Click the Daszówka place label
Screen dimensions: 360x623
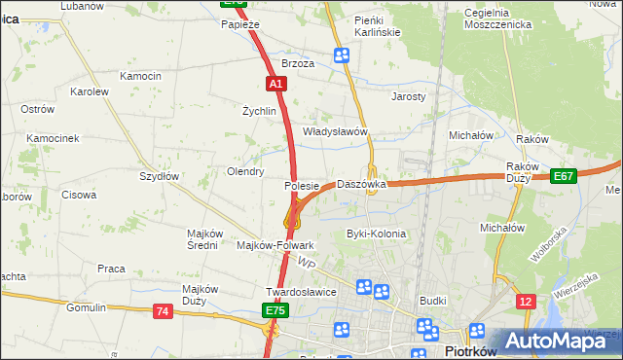(361, 184)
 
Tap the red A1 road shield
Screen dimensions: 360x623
(275, 85)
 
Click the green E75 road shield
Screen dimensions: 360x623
(275, 310)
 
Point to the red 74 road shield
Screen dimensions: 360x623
(163, 310)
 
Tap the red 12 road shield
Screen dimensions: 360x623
(526, 302)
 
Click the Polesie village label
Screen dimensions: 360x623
(302, 185)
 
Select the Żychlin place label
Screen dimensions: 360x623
(260, 111)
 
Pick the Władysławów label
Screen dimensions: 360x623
(334, 131)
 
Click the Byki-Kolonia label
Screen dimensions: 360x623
(376, 234)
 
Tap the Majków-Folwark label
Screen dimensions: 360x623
(275, 245)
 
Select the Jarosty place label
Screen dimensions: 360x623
(408, 97)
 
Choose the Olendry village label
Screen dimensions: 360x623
(245, 171)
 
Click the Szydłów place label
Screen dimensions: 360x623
(159, 176)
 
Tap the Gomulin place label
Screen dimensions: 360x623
(86, 307)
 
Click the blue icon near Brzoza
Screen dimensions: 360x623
(342, 55)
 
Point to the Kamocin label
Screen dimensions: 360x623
(140, 76)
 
